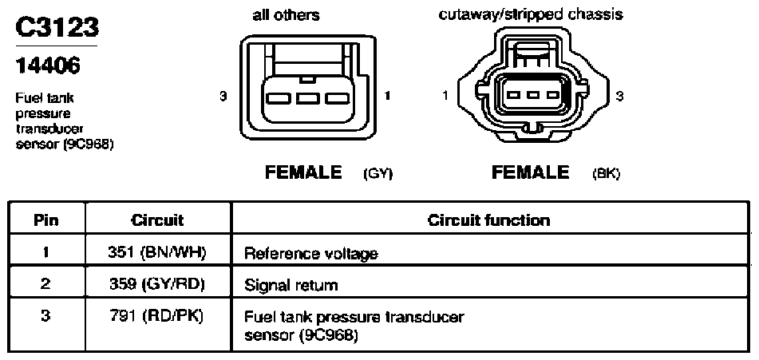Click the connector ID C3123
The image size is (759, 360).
[x=57, y=27]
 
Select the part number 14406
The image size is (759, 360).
[x=47, y=65]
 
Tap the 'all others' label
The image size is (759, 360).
[x=286, y=15]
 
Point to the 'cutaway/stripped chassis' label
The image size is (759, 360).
[x=531, y=14]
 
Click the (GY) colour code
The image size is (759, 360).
[x=378, y=174]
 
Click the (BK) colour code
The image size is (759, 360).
[x=606, y=174]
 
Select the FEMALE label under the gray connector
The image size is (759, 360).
[x=303, y=172]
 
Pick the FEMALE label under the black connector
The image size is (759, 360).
[x=531, y=172]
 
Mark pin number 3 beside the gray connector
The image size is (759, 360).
[x=223, y=96]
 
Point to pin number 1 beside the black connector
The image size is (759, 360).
[x=445, y=96]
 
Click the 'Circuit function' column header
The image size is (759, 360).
[x=489, y=220]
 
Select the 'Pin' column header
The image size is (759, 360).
[x=46, y=220]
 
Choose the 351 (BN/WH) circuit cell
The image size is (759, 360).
[x=158, y=252]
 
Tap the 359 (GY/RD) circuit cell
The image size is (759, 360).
[x=158, y=283]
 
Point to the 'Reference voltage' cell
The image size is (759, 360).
[x=310, y=254]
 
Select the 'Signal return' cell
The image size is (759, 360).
[x=291, y=285]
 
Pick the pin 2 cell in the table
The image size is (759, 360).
[x=46, y=283]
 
